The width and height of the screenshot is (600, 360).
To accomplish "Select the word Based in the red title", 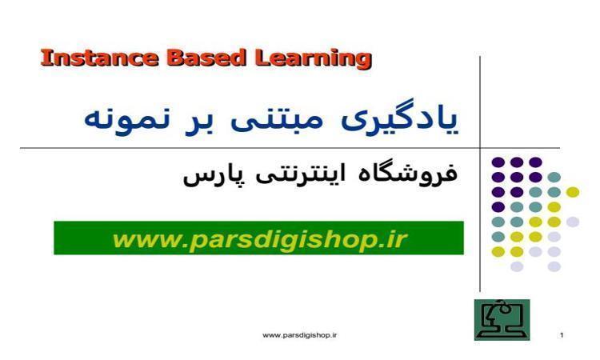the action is (206, 58).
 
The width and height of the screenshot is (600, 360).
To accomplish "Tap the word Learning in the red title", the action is (314, 59).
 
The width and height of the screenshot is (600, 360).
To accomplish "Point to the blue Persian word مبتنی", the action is (277, 120).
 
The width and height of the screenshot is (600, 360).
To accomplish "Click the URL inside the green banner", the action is (259, 239).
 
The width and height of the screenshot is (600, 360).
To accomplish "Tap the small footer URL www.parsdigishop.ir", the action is (300, 335).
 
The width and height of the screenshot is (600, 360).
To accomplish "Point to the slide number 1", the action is (562, 335).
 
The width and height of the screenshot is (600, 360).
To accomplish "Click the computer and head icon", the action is (502, 320).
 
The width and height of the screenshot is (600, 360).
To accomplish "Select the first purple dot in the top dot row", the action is (498, 162).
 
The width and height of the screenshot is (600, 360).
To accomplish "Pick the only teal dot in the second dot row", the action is (554, 177).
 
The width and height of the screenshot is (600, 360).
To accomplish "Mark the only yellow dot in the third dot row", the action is (573, 192).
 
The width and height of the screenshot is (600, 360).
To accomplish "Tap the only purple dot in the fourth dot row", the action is (498, 207).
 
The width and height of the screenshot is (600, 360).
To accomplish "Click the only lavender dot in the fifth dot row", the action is (573, 222).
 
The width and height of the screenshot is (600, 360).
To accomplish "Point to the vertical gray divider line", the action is (480, 174).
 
